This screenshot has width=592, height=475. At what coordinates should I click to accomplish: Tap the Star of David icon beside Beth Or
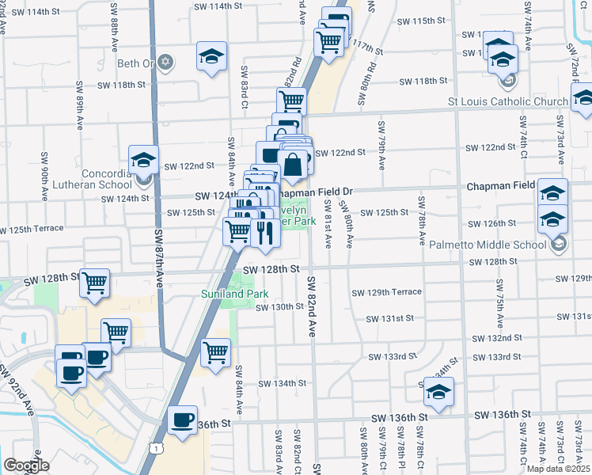[165, 63]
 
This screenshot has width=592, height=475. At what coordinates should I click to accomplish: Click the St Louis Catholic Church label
[507, 101]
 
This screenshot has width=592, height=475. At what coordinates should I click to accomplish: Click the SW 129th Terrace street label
[387, 292]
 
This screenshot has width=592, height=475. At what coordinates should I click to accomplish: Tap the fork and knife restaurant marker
[264, 232]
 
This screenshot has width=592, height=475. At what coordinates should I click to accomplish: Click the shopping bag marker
[292, 165]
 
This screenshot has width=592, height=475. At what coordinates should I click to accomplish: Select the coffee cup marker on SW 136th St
[183, 419]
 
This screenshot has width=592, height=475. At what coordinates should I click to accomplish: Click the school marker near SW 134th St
[438, 391]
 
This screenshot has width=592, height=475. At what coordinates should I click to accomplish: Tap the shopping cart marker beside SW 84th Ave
[215, 352]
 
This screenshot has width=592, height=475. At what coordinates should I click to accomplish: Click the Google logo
[26, 465]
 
